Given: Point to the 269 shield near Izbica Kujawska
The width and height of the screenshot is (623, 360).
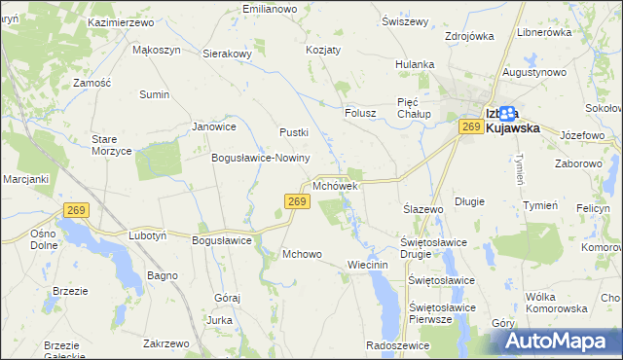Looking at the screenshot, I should (472, 127).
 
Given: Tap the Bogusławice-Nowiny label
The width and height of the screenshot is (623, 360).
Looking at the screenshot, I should (261, 158).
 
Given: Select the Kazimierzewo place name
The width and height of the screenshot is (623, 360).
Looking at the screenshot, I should (122, 21).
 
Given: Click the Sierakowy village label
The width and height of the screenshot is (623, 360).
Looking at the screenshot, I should (227, 54).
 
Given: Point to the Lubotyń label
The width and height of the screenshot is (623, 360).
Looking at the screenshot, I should (148, 235).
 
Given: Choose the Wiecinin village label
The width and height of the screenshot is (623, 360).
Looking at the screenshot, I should (368, 265).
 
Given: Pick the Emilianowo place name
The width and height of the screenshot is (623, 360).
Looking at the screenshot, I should (270, 9).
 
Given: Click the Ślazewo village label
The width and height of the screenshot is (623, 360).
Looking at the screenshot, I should (423, 209).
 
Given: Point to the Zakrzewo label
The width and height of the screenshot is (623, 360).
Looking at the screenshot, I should (165, 343).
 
